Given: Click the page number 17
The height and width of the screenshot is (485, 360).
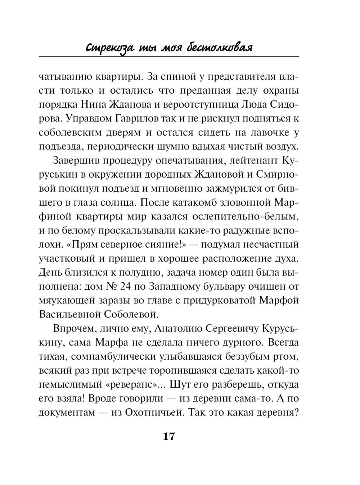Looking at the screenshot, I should (x=169, y=436).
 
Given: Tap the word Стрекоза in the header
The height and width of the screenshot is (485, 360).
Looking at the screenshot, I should (x=107, y=48).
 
